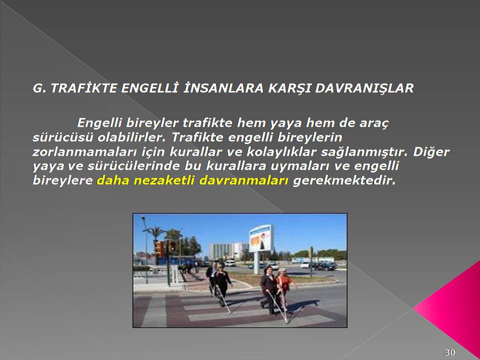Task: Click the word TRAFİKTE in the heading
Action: pyautogui.click(x=84, y=88)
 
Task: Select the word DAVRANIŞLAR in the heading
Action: pyautogui.click(x=364, y=88)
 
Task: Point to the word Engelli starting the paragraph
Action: pyautogui.click(x=99, y=123)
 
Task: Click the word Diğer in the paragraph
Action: pyautogui.click(x=431, y=152)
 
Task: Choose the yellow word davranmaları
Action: pyautogui.click(x=244, y=180)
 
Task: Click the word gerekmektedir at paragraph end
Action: pyautogui.click(x=344, y=180)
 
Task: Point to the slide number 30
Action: pyautogui.click(x=449, y=352)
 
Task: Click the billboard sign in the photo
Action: pyautogui.click(x=261, y=238)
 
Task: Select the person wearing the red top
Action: pyautogui.click(x=284, y=289)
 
